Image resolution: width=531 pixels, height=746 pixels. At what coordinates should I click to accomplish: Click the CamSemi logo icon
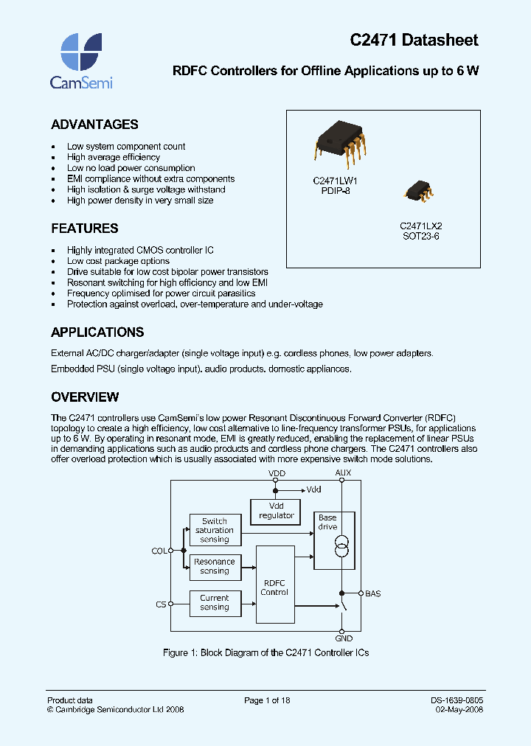coord(80,51)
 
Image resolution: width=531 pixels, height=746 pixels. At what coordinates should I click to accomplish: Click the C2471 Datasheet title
coord(414,41)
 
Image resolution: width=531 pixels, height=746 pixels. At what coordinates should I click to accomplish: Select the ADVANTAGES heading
coord(94,125)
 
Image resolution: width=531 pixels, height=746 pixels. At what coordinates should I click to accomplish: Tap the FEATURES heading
coord(84,229)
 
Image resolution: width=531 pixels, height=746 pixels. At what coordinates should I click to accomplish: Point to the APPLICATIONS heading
coord(97,332)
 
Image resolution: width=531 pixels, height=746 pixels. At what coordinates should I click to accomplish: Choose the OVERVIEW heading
coord(85,397)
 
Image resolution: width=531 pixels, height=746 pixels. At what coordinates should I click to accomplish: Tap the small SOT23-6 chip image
coord(417,191)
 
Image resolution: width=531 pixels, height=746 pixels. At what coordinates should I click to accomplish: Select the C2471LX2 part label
coord(420,226)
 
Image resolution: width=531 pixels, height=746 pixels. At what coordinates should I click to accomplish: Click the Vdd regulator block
coord(276,510)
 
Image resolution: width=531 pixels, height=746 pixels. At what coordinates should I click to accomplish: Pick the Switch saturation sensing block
coord(215,530)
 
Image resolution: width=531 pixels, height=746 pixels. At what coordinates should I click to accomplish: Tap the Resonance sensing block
coord(215,566)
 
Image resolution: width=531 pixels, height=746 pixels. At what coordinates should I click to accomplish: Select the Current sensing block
coord(215,603)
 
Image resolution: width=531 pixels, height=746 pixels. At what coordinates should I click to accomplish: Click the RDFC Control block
coord(274,588)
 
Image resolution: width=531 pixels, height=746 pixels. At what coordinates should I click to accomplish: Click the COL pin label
coord(159,551)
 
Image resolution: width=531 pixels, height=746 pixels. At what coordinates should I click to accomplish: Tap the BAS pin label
coord(372,593)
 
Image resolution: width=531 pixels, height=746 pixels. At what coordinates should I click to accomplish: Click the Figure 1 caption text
coord(265,653)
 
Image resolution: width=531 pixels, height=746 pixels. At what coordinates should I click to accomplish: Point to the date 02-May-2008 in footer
coord(459,710)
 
